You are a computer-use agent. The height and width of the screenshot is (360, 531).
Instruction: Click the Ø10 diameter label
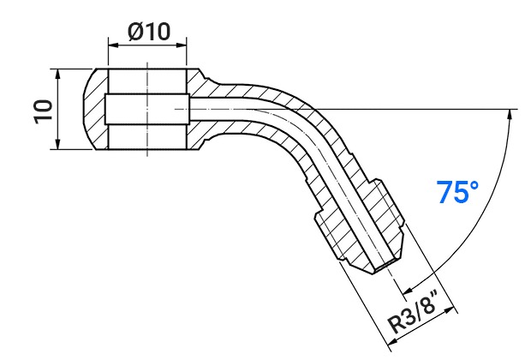(149, 32)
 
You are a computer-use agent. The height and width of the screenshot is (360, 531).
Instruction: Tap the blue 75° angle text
(457, 192)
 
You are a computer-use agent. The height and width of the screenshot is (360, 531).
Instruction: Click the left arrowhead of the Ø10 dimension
(113, 45)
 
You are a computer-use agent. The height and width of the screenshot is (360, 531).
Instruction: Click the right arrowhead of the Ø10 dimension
(182, 45)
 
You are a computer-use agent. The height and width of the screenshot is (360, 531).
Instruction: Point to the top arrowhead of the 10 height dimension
(58, 74)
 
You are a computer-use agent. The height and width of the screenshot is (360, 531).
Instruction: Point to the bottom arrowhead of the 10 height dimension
(58, 144)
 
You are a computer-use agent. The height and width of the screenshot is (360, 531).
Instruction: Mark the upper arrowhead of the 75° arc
(510, 115)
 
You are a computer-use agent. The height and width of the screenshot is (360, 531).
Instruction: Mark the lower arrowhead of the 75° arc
(409, 291)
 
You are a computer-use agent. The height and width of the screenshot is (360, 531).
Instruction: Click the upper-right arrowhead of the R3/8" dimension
(450, 310)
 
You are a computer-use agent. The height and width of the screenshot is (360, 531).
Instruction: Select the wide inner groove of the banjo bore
(147, 109)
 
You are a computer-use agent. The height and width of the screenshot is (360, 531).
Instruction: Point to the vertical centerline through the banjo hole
(147, 109)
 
